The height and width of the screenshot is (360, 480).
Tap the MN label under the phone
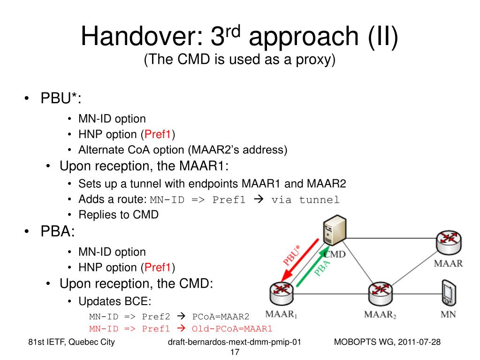(x=448, y=314)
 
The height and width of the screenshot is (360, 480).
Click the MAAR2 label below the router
(x=380, y=314)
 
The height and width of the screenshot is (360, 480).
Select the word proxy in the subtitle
(x=317, y=60)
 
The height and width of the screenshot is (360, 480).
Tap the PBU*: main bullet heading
(x=60, y=99)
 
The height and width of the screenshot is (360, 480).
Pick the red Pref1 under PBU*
(x=158, y=135)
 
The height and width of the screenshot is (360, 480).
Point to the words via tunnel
(x=305, y=200)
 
